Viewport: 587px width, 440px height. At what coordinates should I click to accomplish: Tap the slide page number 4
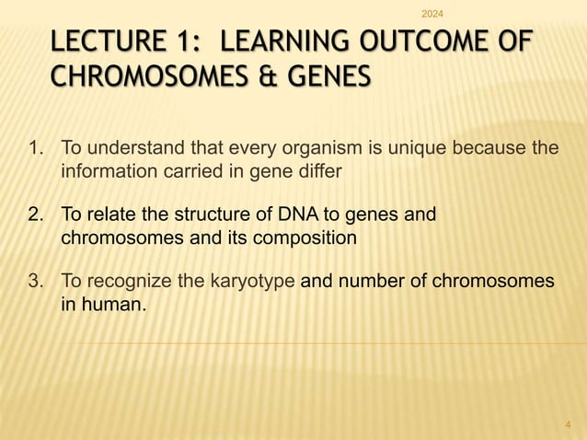[x=568, y=423]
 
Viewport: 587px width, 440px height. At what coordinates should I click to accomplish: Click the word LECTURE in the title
[x=108, y=43]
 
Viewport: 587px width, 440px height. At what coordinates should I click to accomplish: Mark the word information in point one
[x=103, y=171]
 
